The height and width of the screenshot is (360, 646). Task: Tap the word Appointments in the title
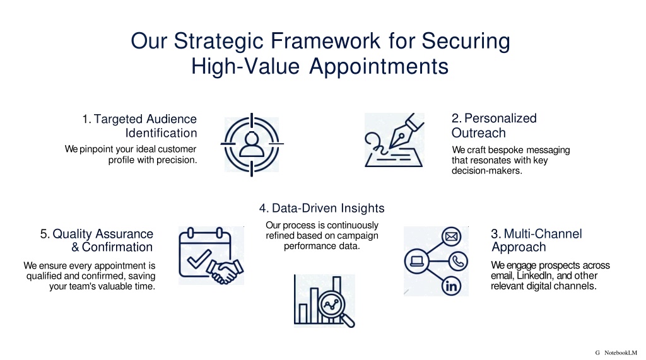point(379,67)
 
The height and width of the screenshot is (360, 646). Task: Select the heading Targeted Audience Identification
point(139,125)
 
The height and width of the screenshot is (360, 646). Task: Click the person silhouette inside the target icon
point(252,144)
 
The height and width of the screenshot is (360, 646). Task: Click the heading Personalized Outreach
point(494,125)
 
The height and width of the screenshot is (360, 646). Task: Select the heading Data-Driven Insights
point(322,208)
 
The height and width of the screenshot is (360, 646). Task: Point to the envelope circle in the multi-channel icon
point(452,236)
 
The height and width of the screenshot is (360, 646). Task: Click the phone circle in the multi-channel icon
point(458,261)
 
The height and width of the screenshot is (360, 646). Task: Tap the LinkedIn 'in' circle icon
point(452,286)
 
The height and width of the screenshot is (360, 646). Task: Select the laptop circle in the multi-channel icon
point(417,261)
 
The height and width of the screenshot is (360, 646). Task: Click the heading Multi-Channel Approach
point(536,240)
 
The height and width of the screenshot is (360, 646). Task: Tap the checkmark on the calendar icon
point(199,258)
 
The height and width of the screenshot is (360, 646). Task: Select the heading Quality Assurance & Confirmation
point(97,240)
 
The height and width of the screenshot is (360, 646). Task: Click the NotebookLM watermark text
point(621,352)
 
